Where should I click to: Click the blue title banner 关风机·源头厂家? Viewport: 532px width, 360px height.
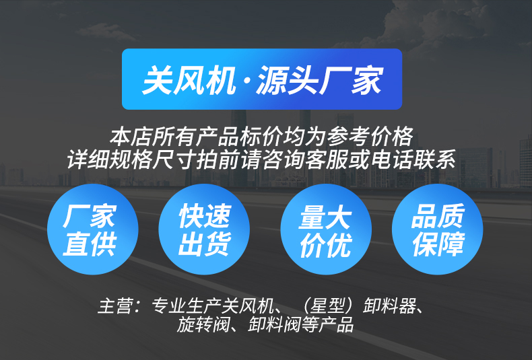pos(262,79)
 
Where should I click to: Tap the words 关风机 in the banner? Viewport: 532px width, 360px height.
pos(189,80)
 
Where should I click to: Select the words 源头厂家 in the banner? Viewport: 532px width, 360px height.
pos(320,80)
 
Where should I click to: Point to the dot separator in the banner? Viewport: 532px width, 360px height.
pos(246,81)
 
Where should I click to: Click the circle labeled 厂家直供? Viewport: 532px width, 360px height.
pos(93,229)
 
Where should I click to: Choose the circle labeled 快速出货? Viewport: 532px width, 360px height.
pos(204,229)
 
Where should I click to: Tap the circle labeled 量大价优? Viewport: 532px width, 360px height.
pos(326,229)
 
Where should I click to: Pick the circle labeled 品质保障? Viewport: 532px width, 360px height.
pos(437,229)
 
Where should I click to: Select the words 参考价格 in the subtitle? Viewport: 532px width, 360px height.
pos(370,137)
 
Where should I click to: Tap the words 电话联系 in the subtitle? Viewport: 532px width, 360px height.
pos(413,159)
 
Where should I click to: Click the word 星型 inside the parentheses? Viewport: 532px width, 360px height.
pos(327,305)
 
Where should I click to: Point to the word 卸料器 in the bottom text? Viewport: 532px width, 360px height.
pos(389,305)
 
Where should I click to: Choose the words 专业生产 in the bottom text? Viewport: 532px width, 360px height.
pos(187,305)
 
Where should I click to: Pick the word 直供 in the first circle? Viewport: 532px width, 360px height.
pos(90,244)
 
